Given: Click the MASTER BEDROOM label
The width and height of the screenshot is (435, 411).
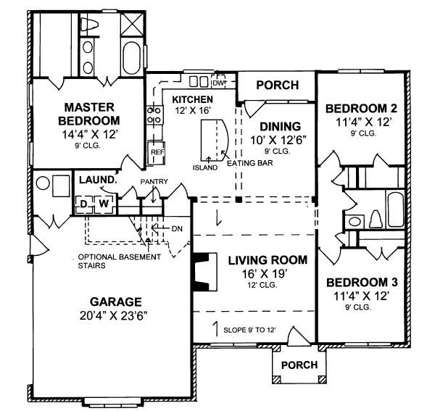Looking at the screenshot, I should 88,112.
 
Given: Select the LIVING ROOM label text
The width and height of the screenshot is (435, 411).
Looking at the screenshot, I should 267,260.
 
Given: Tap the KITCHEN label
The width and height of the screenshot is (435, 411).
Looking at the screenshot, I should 192,99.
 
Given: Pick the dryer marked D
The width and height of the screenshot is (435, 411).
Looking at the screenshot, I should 83,204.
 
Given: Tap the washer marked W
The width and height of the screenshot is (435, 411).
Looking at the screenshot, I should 104,204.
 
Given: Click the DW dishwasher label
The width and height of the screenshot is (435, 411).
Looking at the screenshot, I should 217,81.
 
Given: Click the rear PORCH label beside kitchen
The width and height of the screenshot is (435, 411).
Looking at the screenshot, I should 276,85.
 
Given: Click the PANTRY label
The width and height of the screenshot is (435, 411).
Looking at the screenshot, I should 155,182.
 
